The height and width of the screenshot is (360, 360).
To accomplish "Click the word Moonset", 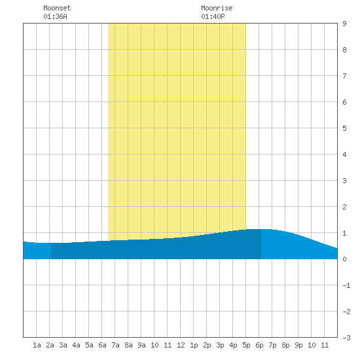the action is tap(57, 8).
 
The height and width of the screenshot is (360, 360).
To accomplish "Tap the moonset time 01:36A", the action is tap(55, 16).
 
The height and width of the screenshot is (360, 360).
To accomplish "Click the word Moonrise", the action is tap(217, 8).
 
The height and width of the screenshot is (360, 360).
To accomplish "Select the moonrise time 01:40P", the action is tap(213, 16).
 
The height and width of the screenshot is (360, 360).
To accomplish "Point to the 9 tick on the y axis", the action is tap(344, 24).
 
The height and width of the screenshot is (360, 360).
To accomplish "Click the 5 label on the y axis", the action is tap(344, 128).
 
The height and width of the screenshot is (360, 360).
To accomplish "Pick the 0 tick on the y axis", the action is tap(344, 259).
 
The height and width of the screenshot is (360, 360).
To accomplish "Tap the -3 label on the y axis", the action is tap(346, 338).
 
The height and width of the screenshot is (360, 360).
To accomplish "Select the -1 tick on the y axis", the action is tap(346, 285).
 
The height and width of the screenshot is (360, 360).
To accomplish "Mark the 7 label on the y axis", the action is tap(344, 76).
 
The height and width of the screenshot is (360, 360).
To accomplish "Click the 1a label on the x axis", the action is tap(37, 345).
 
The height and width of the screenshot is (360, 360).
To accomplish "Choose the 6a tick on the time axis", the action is tap(102, 345).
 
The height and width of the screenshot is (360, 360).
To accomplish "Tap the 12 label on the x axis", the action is tap(181, 345).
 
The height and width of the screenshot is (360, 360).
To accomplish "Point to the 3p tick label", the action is tap(220, 345).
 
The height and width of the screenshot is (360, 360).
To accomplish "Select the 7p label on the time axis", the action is tap(272, 345).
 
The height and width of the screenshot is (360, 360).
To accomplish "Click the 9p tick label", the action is tap(298, 345).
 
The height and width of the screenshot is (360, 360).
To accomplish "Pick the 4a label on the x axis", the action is tap(76, 345).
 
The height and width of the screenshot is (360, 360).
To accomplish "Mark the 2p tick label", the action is tap(207, 345).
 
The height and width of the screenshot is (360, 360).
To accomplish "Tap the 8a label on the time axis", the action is tap(128, 345).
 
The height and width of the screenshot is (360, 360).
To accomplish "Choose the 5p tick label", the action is tap(246, 345).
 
